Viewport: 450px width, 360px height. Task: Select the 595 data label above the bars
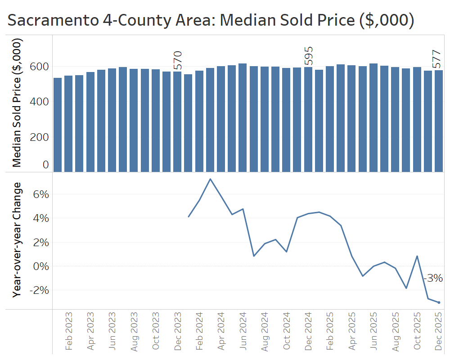pos(308,56)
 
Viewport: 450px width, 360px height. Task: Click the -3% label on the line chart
pos(434,278)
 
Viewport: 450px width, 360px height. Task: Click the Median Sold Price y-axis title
pos(17,103)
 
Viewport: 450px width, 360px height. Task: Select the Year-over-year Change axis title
pos(17,239)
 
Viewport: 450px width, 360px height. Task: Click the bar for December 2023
pos(178,121)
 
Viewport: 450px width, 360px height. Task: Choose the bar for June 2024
pos(243,117)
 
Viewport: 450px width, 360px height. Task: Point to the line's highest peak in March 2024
pos(210,179)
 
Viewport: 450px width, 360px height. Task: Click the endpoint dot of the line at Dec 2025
pos(439,302)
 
